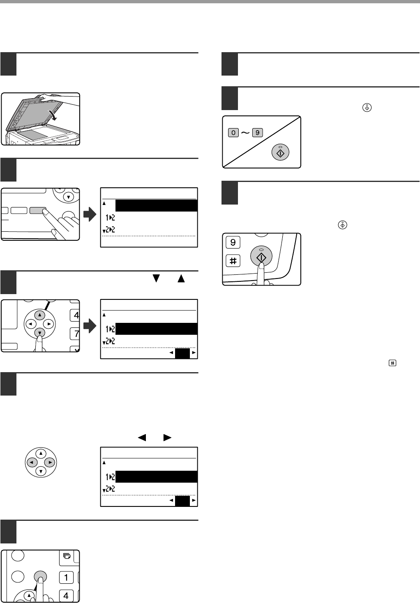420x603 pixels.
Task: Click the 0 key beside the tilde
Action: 233,133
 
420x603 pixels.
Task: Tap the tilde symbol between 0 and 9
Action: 245,133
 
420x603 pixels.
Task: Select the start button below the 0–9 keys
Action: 281,152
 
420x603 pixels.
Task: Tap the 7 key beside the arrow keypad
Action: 76,334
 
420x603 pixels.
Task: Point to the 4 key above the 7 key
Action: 76,315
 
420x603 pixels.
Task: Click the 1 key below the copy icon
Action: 66,578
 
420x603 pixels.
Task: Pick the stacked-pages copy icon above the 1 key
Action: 67,557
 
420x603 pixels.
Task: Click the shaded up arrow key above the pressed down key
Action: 39,315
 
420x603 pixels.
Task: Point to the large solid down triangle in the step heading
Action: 156,279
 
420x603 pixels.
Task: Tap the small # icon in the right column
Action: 392,363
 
